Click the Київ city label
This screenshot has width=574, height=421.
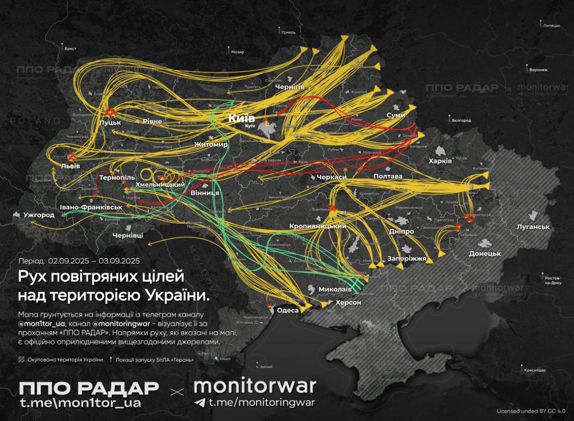click(x=242, y=118)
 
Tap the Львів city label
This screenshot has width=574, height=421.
click(x=70, y=166)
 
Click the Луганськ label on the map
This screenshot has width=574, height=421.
click(x=533, y=227)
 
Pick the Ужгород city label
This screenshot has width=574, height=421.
click(x=39, y=215)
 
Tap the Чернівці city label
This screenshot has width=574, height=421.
click(x=128, y=235)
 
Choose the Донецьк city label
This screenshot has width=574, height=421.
click(x=484, y=253)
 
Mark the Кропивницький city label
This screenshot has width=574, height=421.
click(x=317, y=226)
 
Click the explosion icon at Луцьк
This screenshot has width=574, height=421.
click(x=109, y=113)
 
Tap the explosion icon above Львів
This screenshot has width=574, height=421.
click(x=71, y=156)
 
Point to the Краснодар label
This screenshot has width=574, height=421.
click(x=535, y=370)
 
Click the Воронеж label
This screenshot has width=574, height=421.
click(x=538, y=70)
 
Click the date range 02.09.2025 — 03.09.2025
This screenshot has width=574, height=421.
click(x=94, y=260)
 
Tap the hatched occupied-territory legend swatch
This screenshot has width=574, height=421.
click(x=21, y=360)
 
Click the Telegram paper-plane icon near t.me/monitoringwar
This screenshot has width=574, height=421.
click(x=200, y=402)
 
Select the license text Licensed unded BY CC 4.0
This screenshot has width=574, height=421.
click(x=531, y=411)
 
